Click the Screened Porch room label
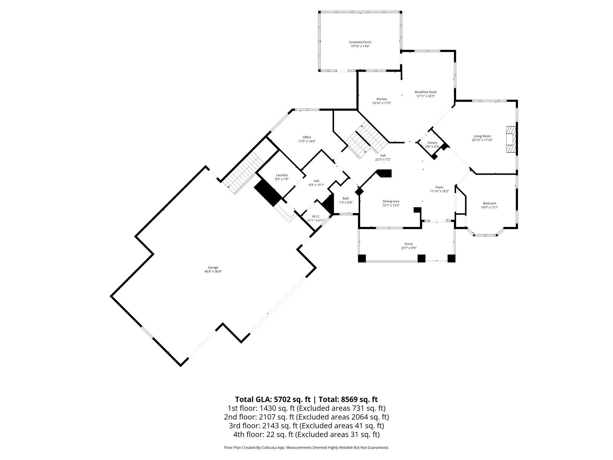pos(360,42)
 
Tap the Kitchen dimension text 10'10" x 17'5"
pos(382,103)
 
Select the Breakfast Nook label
pos(426,92)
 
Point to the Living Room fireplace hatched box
pos(511,140)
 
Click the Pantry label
pos(432,143)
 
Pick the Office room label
pos(307,137)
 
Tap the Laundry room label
pos(282,175)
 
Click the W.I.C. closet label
pos(316,216)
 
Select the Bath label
pos(346,198)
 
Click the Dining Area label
pos(391,201)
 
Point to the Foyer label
pos(439,187)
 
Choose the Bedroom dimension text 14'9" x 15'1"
pos(490,207)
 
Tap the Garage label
pos(213,267)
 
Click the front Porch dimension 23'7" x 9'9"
pos(408,248)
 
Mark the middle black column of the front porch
pos(421,258)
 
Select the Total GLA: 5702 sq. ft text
pos(273,399)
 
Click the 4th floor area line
pos(306,434)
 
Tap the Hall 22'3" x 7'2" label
pos(383,157)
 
